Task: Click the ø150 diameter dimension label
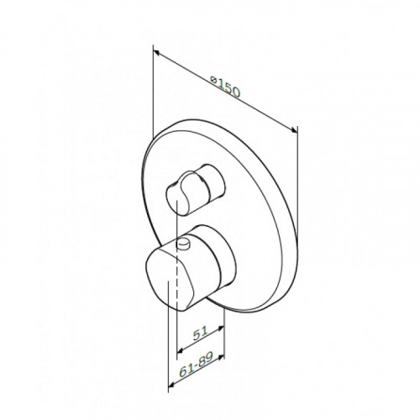[x=226, y=86]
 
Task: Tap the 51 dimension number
[x=201, y=333]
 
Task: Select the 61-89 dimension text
[x=197, y=363]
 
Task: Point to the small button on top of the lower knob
[x=184, y=243]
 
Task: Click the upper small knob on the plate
[x=195, y=189]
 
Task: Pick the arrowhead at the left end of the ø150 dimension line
[x=157, y=53]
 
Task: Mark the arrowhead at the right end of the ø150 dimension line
[x=293, y=129]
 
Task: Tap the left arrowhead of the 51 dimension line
[x=181, y=350]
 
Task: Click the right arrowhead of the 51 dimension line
[x=221, y=328]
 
